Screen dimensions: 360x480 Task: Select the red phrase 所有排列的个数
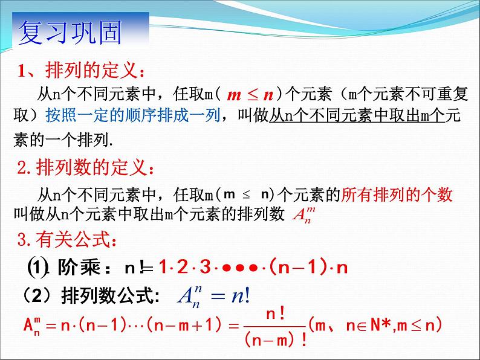pos(397,194)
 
